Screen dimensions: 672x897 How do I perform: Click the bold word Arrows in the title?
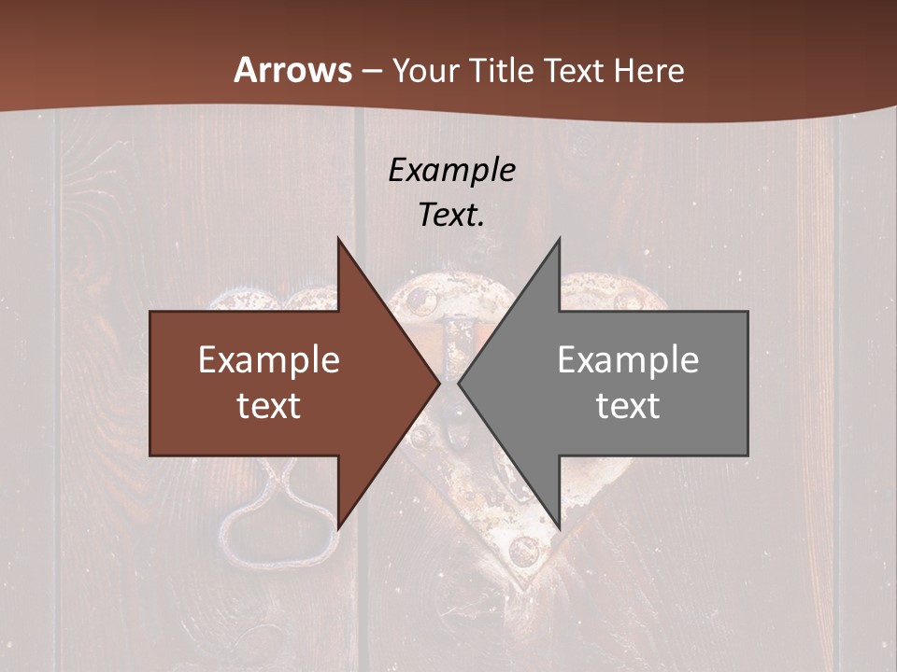click(292, 70)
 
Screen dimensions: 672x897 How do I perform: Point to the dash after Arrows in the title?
click(371, 72)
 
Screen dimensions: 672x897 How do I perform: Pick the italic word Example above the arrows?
click(451, 170)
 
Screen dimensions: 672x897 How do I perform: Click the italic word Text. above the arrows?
click(451, 215)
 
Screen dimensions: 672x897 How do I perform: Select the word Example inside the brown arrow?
click(269, 359)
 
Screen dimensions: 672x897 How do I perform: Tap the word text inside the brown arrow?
click(269, 406)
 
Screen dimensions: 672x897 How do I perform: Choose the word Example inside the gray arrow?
click(628, 359)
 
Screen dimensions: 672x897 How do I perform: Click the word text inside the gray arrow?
click(628, 406)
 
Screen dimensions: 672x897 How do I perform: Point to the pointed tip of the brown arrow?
click(439, 384)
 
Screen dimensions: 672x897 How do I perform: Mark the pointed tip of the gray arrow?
click(459, 384)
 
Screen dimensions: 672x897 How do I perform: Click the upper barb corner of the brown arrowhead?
click(338, 239)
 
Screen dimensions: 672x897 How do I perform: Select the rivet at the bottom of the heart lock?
click(524, 551)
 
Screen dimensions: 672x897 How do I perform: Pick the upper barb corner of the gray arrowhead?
click(559, 239)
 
